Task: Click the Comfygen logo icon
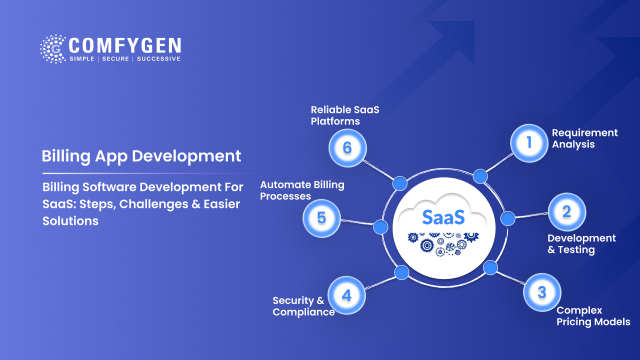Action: pos(52,49)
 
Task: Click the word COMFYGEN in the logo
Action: pos(124,46)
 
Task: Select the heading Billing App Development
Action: pos(141,155)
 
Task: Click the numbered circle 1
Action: pos(529,143)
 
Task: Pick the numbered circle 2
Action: pos(566,211)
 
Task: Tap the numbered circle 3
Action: pos(542,292)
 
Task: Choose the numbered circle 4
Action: pos(346,295)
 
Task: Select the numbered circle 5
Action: pos(321,218)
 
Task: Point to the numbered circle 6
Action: pos(347,148)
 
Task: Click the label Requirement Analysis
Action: pos(584,138)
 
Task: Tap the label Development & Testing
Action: pos(581,244)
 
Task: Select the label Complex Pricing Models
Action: pos(593,316)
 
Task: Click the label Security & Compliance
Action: pos(303,306)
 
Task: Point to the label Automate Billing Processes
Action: pos(302,190)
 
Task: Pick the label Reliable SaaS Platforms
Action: pos(345,115)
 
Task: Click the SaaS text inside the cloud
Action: pos(443,216)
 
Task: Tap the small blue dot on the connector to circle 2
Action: pos(507,218)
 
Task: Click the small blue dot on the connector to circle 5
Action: pos(380,227)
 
